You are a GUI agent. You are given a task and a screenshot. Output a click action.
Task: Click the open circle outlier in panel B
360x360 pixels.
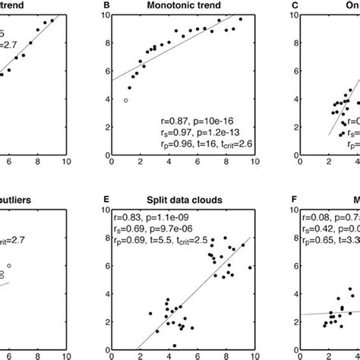[x=126, y=100]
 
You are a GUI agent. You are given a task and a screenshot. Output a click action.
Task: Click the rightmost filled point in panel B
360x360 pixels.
[x=241, y=19]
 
